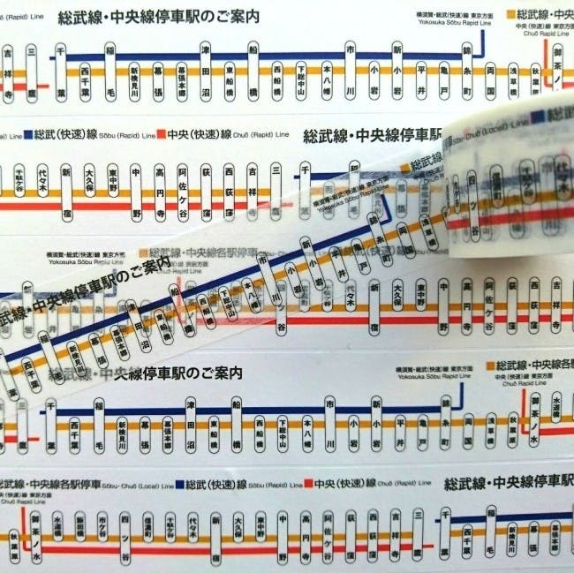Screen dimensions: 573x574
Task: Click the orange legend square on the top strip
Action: tap(511, 15)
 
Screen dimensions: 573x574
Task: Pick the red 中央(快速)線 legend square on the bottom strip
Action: tap(308, 484)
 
